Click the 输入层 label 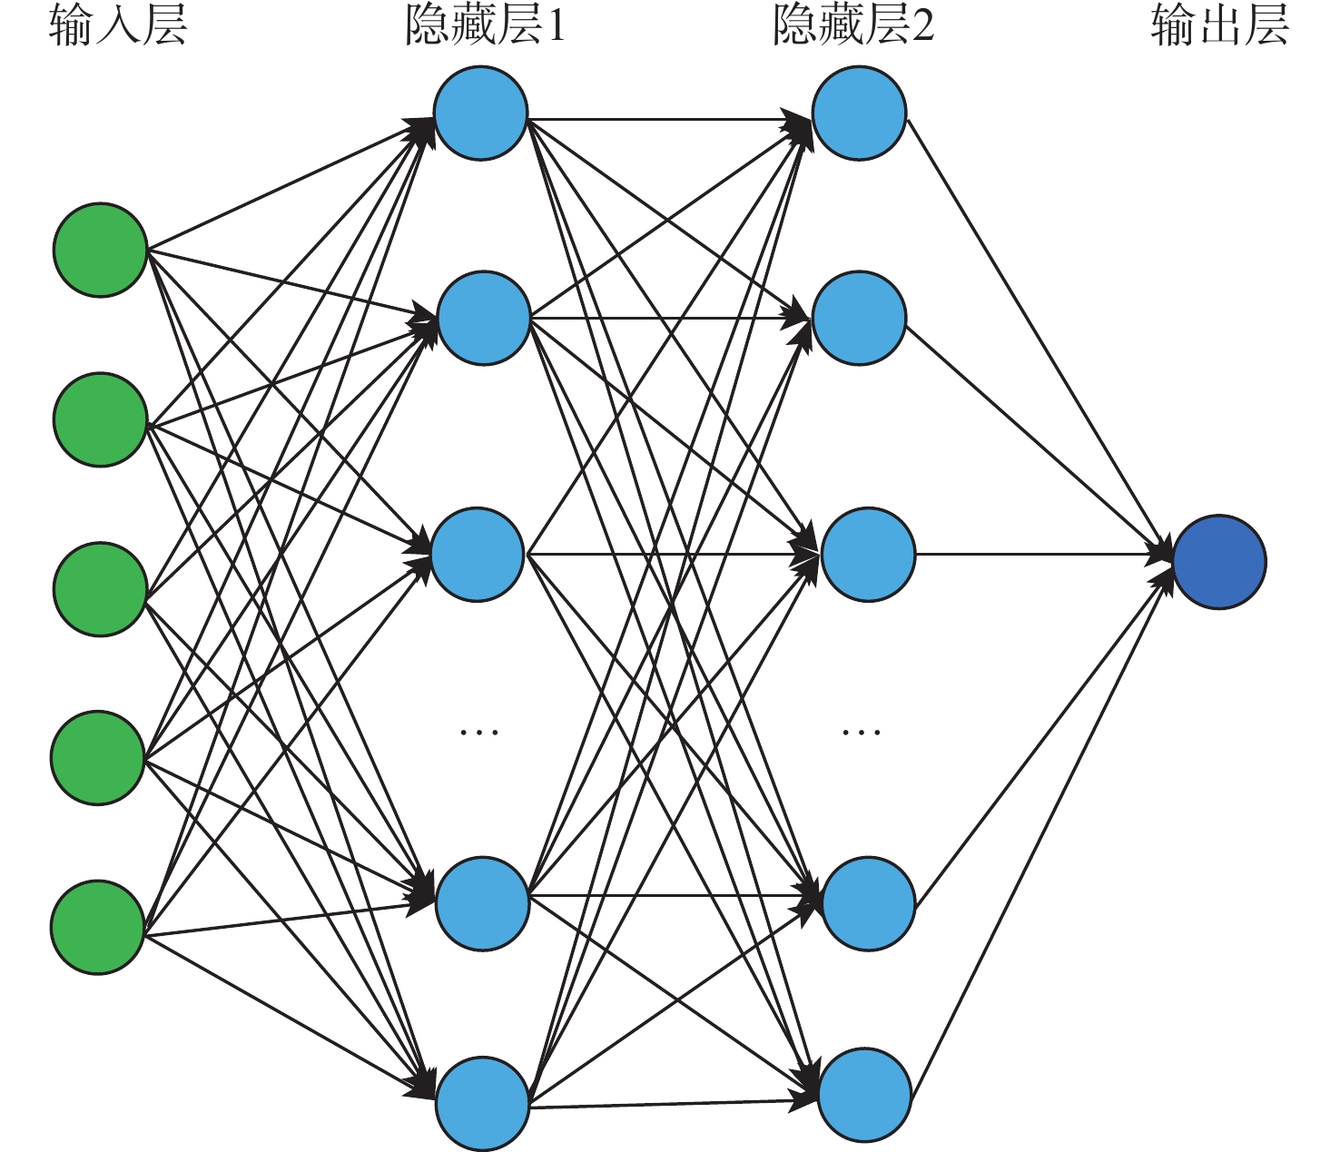pyautogui.click(x=118, y=25)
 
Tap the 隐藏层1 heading pyautogui.click(x=486, y=25)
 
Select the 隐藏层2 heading pyautogui.click(x=852, y=25)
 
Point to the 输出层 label pyautogui.click(x=1219, y=25)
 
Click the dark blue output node pyautogui.click(x=1219, y=562)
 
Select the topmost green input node pyautogui.click(x=100, y=250)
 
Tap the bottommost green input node pyautogui.click(x=98, y=927)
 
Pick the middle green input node pyautogui.click(x=100, y=589)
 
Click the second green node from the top pyautogui.click(x=100, y=419)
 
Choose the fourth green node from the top pyautogui.click(x=98, y=758)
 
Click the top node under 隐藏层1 pyautogui.click(x=480, y=113)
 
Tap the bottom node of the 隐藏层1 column pyautogui.click(x=482, y=1103)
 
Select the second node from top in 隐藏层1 pyautogui.click(x=484, y=318)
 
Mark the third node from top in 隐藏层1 pyautogui.click(x=478, y=555)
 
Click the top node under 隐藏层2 pyautogui.click(x=859, y=113)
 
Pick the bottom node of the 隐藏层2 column pyautogui.click(x=864, y=1095)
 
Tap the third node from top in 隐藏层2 pyautogui.click(x=868, y=555)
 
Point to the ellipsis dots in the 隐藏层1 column pyautogui.click(x=479, y=732)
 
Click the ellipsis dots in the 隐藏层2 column pyautogui.click(x=861, y=732)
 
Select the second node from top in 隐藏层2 pyautogui.click(x=859, y=318)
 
